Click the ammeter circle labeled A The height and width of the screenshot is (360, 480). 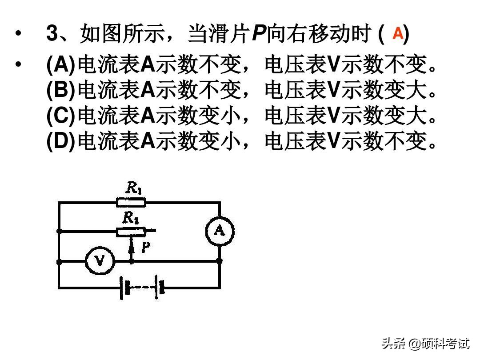click(219, 231)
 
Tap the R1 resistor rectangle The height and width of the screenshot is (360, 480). click(131, 203)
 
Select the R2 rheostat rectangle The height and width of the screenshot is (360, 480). click(131, 231)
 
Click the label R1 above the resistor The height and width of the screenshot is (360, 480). click(133, 188)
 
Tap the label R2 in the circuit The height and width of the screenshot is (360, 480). click(130, 218)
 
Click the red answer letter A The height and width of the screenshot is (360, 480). click(398, 34)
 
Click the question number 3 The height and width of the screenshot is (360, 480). click(52, 34)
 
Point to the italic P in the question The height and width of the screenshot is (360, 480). click(259, 34)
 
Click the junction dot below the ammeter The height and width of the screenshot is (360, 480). click(219, 261)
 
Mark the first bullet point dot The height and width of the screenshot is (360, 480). click(18, 34)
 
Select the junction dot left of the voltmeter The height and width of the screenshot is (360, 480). click(59, 261)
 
